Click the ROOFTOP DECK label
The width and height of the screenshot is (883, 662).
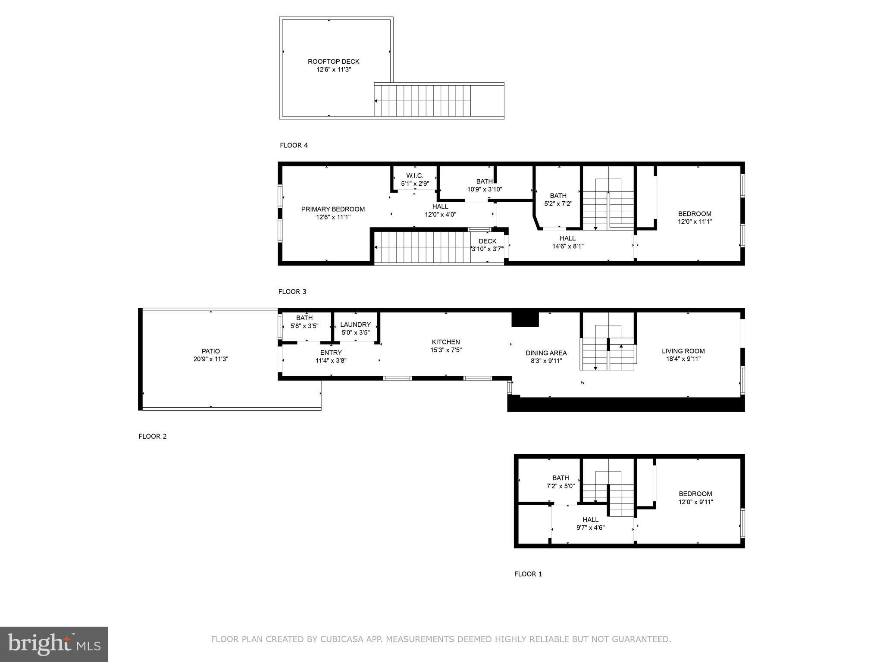[333, 62]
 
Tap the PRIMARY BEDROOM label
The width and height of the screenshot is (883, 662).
[332, 209]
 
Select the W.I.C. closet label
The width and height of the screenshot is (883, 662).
[415, 176]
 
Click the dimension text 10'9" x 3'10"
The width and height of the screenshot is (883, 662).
[485, 189]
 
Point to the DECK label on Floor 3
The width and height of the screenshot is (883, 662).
[487, 241]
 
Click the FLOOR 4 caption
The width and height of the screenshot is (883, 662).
[294, 145]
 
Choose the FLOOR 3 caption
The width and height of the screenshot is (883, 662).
[292, 292]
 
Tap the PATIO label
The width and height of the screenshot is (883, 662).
[210, 351]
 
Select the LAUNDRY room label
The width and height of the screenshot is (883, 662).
[355, 325]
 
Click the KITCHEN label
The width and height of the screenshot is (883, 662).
[446, 342]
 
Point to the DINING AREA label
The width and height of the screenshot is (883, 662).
[546, 353]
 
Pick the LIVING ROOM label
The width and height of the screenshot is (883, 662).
[683, 351]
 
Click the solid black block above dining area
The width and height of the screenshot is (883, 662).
[525, 319]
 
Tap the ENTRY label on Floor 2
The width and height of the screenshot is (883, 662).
[331, 353]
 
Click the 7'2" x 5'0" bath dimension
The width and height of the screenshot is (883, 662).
[560, 486]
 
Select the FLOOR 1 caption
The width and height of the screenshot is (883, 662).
[528, 574]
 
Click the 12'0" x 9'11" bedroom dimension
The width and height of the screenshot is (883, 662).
[695, 502]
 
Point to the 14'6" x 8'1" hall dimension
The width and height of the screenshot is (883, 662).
[567, 247]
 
